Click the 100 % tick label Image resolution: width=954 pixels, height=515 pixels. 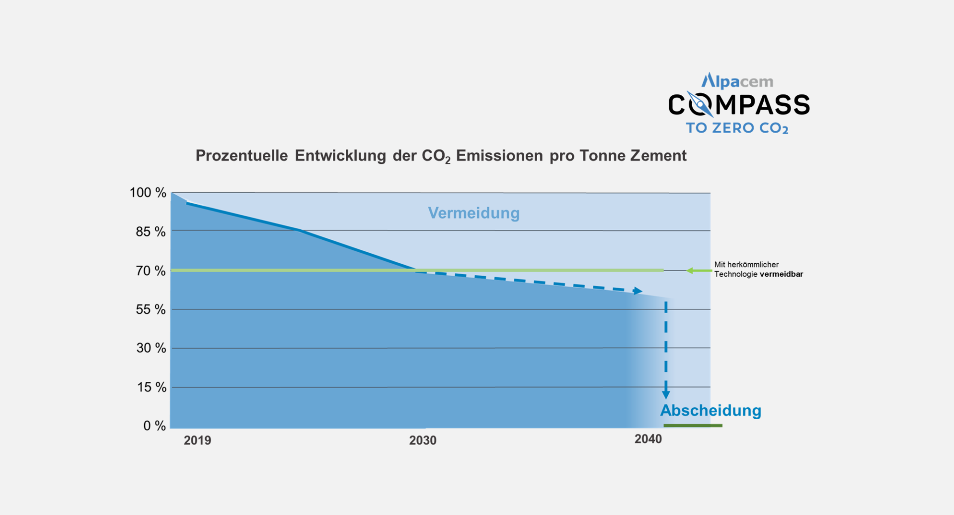[x=148, y=193]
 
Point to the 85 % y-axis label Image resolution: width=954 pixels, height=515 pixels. [x=151, y=231]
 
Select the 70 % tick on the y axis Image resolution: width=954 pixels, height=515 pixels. [x=151, y=271]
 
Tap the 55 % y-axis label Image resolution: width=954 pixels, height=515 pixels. [x=151, y=309]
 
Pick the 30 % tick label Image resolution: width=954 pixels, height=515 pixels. [x=151, y=348]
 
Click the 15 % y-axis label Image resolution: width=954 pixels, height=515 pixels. [x=152, y=387]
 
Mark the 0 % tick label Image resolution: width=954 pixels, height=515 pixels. [x=154, y=426]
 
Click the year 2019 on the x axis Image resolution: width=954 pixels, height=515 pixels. [x=197, y=441]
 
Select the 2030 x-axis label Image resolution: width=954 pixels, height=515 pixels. [x=422, y=441]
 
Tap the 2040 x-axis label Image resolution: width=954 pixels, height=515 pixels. [x=648, y=439]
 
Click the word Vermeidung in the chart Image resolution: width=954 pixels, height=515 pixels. [x=474, y=213]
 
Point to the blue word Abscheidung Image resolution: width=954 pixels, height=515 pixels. [x=711, y=411]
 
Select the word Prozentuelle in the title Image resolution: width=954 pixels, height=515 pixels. [x=241, y=156]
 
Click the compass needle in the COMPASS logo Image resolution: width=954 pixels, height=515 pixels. [x=699, y=104]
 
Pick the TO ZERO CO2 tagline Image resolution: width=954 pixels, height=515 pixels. [x=737, y=128]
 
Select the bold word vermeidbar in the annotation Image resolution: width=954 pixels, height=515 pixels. [x=781, y=274]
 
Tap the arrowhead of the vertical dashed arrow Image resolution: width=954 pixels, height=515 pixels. [x=666, y=395]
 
